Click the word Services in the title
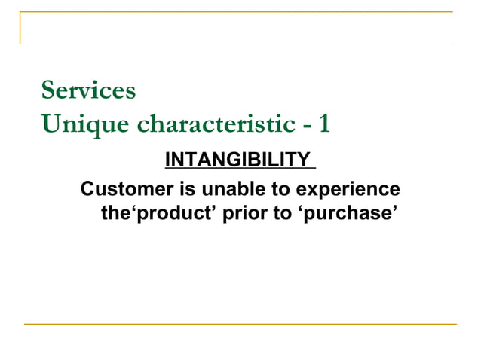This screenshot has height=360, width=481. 89,91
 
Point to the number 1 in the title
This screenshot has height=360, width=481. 324,124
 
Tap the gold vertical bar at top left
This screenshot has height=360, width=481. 20,28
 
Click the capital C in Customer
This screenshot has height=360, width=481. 87,188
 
